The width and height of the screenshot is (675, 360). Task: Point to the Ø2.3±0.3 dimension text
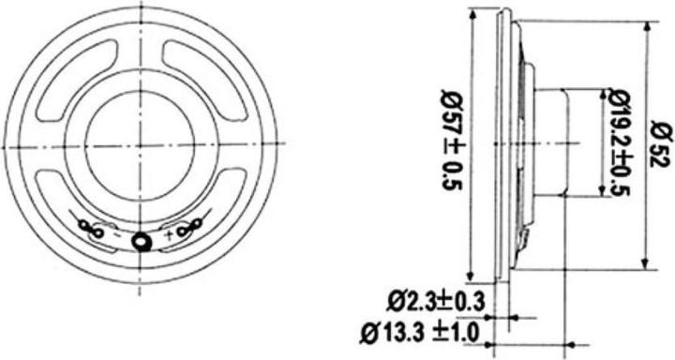coord(435,301)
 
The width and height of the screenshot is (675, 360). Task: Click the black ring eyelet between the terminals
coord(141,242)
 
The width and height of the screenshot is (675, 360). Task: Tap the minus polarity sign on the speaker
coord(115,236)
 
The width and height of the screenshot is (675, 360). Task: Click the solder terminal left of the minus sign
coord(90,228)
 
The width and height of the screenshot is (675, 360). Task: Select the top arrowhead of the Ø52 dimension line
coord(648,26)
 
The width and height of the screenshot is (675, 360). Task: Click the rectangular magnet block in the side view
coord(552,142)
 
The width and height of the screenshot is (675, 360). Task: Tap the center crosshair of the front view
coord(141,143)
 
